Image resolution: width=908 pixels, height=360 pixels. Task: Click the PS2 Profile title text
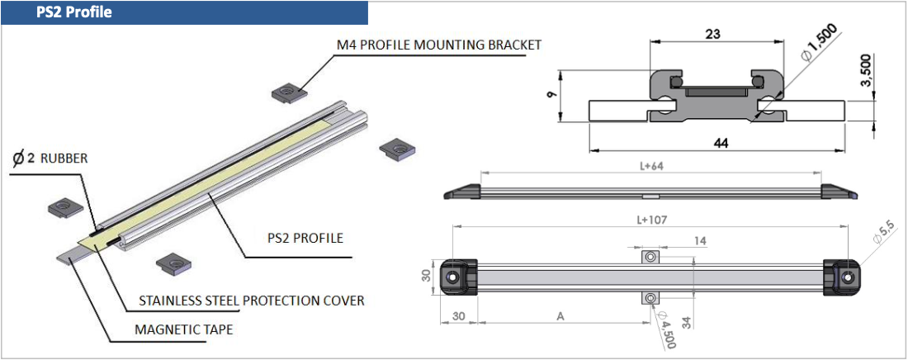tap(74, 13)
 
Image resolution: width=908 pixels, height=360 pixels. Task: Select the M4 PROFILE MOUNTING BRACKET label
tap(438, 44)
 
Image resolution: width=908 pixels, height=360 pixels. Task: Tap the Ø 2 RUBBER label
tap(50, 158)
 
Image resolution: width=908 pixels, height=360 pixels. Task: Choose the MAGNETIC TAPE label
tap(183, 329)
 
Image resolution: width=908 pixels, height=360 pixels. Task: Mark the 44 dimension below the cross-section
tap(720, 143)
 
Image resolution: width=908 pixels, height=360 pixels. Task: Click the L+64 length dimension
tap(651, 166)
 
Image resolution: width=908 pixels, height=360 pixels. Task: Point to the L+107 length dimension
tap(651, 220)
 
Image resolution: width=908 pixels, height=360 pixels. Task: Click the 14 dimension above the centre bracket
tap(676, 240)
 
